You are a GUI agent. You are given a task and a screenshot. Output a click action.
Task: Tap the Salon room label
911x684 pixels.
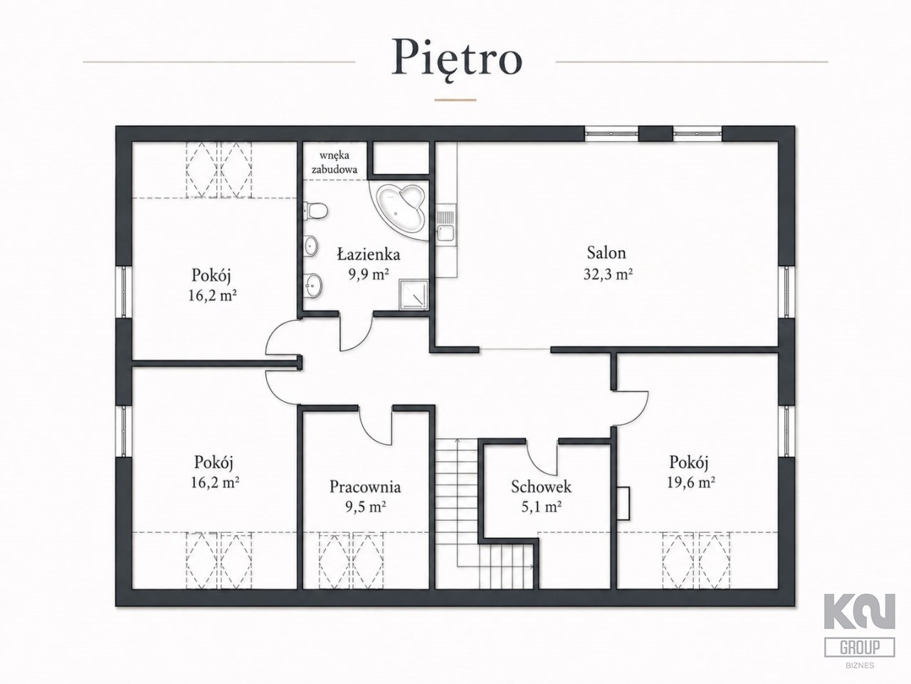pos(606,252)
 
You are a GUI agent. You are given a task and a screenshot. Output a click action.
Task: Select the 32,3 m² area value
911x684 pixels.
pos(608,274)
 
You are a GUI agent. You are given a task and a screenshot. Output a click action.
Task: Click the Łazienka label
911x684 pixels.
pos(369,254)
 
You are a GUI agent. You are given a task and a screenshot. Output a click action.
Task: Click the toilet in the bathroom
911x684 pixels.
pos(316,211)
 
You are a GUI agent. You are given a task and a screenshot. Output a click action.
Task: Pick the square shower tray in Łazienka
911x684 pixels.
pos(413,294)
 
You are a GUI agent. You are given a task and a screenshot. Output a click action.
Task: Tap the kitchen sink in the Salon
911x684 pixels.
pos(446,226)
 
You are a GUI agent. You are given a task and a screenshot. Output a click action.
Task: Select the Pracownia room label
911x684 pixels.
pos(365,487)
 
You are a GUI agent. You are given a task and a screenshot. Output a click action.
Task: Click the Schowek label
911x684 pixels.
pos(541,487)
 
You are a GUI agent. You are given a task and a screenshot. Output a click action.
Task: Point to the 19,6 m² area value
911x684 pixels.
pos(691,482)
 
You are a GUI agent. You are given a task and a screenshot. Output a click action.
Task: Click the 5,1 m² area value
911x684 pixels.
pos(541,507)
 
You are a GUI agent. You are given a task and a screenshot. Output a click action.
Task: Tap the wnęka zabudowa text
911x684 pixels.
pos(335,162)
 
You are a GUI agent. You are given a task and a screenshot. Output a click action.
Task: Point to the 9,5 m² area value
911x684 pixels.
pos(366,507)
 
